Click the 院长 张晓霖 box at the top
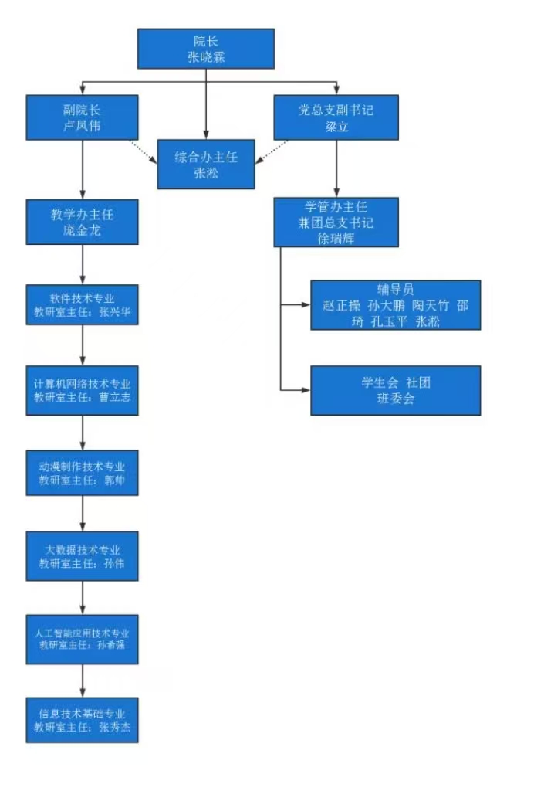tap(206, 49)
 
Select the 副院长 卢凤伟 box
tap(82, 117)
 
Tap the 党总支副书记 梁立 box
tap(336, 117)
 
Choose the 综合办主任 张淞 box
tap(206, 165)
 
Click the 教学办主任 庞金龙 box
tap(82, 222)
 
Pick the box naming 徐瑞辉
tap(336, 222)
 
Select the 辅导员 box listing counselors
tap(395, 305)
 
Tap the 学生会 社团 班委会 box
tap(395, 390)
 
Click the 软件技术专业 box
tap(82, 305)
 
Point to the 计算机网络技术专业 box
tap(82, 390)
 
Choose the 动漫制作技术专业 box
tap(82, 474)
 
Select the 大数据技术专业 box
tap(82, 555)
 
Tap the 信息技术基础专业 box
tap(82, 720)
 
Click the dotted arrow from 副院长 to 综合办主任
tap(147, 151)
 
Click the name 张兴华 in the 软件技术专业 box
tap(118, 313)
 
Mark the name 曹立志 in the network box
tap(118, 398)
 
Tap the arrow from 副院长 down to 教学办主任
tap(83, 170)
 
